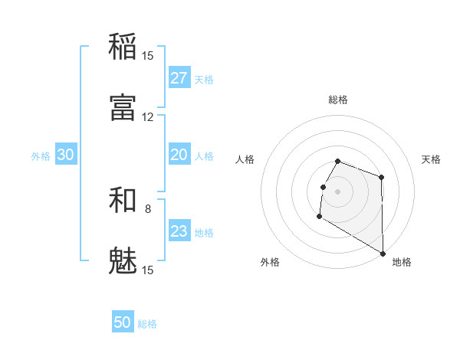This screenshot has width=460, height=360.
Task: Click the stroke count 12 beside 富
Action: (147, 117)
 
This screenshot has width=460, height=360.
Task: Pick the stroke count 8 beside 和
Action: (148, 208)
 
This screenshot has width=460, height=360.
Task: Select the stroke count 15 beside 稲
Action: (147, 55)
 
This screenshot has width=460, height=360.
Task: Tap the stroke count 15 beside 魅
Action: (147, 270)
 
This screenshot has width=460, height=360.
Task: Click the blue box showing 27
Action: (179, 78)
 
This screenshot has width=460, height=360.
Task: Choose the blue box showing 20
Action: (179, 155)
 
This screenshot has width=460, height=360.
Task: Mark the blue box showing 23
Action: (179, 231)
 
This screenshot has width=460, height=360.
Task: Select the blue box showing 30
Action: (65, 155)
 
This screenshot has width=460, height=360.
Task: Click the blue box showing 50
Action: (123, 322)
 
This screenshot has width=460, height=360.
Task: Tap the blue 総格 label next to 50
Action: (147, 324)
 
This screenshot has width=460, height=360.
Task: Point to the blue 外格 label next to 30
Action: (41, 156)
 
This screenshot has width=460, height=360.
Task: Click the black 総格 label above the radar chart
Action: (338, 100)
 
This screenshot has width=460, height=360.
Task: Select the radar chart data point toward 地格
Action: (383, 254)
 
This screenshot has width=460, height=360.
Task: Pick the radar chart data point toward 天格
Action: (381, 177)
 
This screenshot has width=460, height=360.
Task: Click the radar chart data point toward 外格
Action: (319, 217)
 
